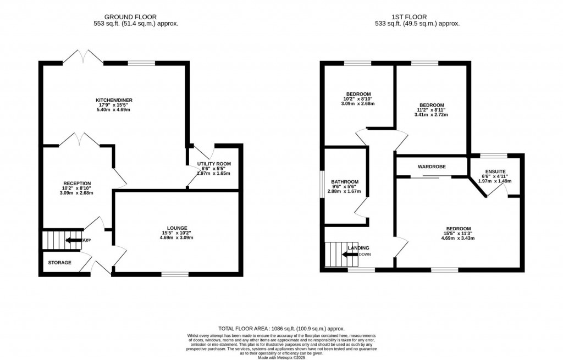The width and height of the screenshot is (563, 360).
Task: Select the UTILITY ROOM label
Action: [x=214, y=164]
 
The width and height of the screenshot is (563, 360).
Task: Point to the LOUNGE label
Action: [x=178, y=228]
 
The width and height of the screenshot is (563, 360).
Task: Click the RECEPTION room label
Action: [x=76, y=183]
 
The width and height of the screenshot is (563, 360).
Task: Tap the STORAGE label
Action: [x=59, y=263]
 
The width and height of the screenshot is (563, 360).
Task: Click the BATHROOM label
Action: [x=345, y=182]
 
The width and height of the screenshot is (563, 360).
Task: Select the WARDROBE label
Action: [x=431, y=166]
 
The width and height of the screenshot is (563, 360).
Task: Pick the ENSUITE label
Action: [x=495, y=171]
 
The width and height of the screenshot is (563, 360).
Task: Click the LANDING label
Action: [x=358, y=248]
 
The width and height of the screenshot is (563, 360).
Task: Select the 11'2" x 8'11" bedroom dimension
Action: [x=433, y=110]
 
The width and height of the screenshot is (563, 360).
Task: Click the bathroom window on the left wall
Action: [x=323, y=185]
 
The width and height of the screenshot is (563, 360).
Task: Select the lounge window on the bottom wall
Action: [x=175, y=273]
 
